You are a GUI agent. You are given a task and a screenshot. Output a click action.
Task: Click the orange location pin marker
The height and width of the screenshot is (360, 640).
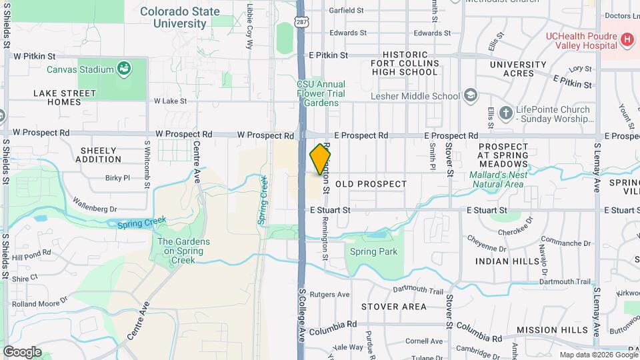coord(321,159)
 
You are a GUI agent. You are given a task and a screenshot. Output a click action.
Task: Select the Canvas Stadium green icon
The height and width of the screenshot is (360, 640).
coord(123,68)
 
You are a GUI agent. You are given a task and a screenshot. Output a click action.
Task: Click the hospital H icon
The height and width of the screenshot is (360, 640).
coord(626,40)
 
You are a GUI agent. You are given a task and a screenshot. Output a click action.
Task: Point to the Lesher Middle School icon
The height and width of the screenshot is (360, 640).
coord(470,95)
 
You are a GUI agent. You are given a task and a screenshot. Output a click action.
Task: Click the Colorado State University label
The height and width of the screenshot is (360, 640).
coord(179,17)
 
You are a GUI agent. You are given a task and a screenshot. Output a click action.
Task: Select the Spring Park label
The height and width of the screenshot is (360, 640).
coord(373,252)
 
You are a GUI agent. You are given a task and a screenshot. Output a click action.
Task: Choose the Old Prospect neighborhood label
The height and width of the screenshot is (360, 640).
coord(371,183)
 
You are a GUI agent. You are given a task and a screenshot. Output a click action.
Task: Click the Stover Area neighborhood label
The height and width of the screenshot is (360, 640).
coord(393,307)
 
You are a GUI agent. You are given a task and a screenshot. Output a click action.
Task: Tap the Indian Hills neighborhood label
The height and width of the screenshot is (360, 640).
coord(507,261)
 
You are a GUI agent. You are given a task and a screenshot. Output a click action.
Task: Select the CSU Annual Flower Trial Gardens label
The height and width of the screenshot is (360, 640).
coord(321,94)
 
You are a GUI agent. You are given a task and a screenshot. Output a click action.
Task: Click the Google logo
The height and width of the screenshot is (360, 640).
coord(23,352)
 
